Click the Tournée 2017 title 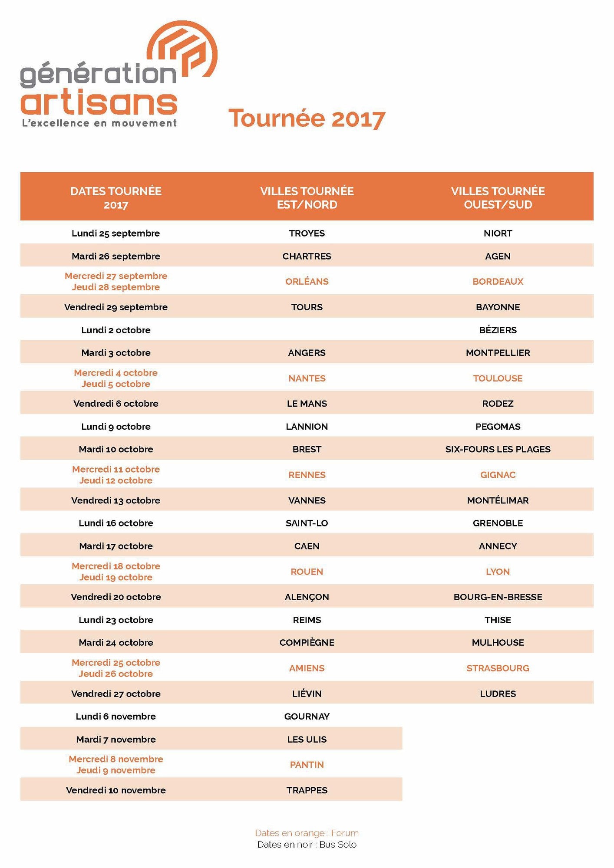[307, 118]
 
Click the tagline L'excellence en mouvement [99, 123]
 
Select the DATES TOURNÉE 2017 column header [116, 198]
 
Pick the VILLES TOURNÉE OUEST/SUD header [498, 198]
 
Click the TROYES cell [307, 233]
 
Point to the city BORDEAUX [498, 282]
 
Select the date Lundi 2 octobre [116, 330]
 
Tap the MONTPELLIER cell [498, 353]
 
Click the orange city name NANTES [307, 378]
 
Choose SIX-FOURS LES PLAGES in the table [498, 449]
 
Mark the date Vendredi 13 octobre [116, 500]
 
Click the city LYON [498, 572]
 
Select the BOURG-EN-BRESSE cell [498, 597]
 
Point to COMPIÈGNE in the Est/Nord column [307, 643]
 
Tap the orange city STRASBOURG [498, 668]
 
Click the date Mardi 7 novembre [116, 740]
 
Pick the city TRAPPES [307, 790]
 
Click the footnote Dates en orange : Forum [307, 833]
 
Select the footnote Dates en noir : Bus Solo [307, 845]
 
